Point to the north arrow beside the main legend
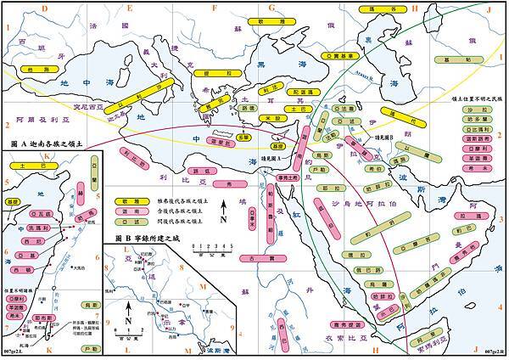[x=223, y=209]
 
